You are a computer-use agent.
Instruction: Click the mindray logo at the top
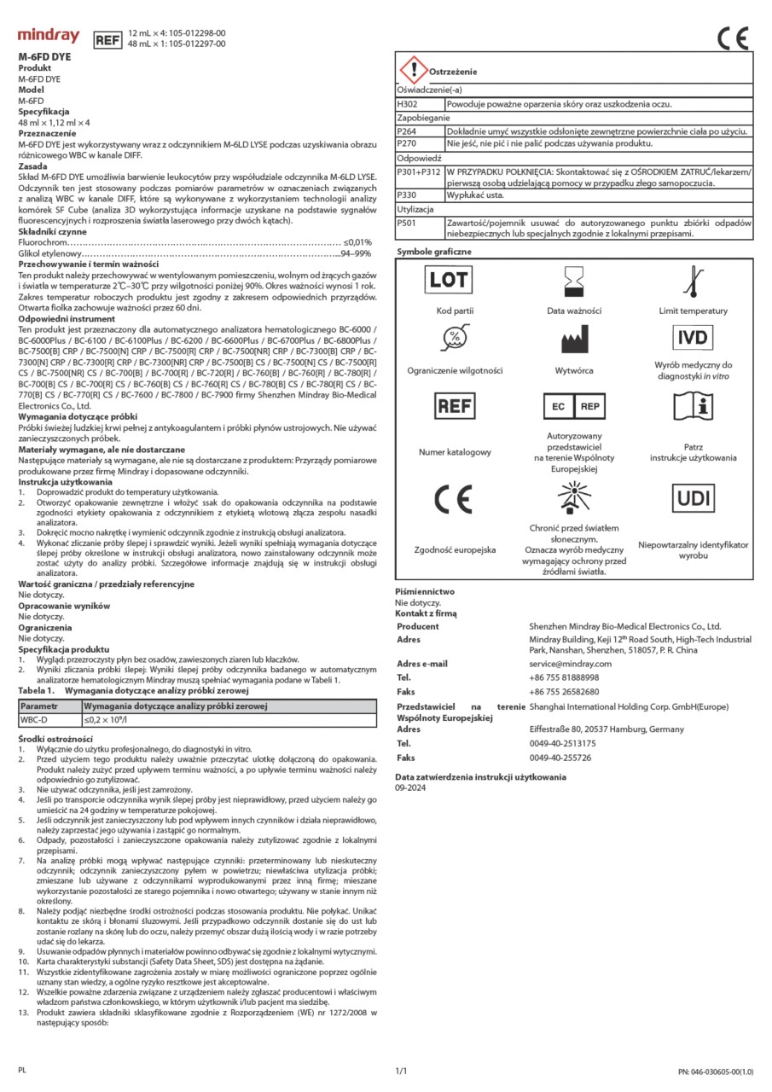(49, 37)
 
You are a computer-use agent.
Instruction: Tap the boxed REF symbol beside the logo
(107, 39)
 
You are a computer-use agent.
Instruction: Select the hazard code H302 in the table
(408, 104)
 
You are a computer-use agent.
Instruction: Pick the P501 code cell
(408, 222)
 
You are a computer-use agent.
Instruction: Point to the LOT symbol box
(449, 280)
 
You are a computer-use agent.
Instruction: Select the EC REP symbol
(573, 406)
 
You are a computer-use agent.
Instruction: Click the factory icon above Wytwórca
(572, 340)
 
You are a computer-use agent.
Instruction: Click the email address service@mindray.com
(570, 664)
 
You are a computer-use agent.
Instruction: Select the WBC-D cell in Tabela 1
(35, 720)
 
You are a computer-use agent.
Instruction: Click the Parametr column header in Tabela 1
(39, 706)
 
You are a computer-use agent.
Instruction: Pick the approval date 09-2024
(411, 789)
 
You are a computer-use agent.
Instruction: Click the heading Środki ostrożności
(55, 738)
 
